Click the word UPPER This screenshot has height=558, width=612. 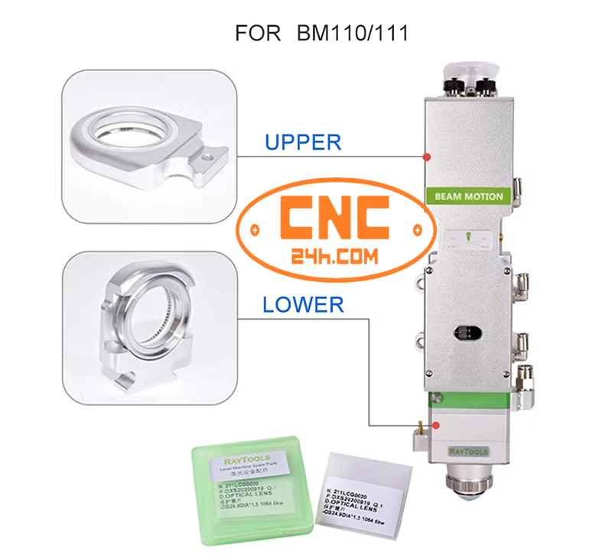click(302, 142)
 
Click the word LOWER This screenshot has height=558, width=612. click(303, 305)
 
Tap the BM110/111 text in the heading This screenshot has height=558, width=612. click(348, 34)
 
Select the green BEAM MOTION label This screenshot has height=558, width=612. click(468, 196)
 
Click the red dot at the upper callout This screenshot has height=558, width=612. click(426, 157)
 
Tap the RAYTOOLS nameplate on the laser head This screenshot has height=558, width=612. click(467, 453)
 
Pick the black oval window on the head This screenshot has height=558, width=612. click(467, 333)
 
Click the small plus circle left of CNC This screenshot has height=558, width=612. click(255, 230)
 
